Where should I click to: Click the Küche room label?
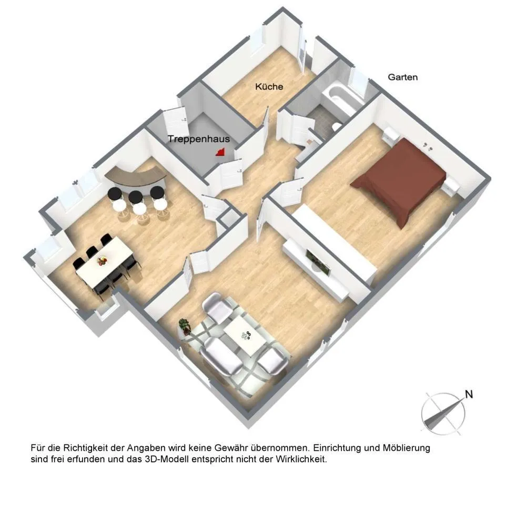click(x=269, y=87)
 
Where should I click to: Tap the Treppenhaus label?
click(x=199, y=139)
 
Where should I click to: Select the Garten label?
click(x=402, y=77)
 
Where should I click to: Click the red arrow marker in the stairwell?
click(x=220, y=153)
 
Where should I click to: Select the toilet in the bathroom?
click(x=336, y=126)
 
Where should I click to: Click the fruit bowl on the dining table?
click(x=102, y=260)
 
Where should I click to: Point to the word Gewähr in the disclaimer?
click(x=230, y=448)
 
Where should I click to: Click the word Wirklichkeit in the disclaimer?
click(x=301, y=459)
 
